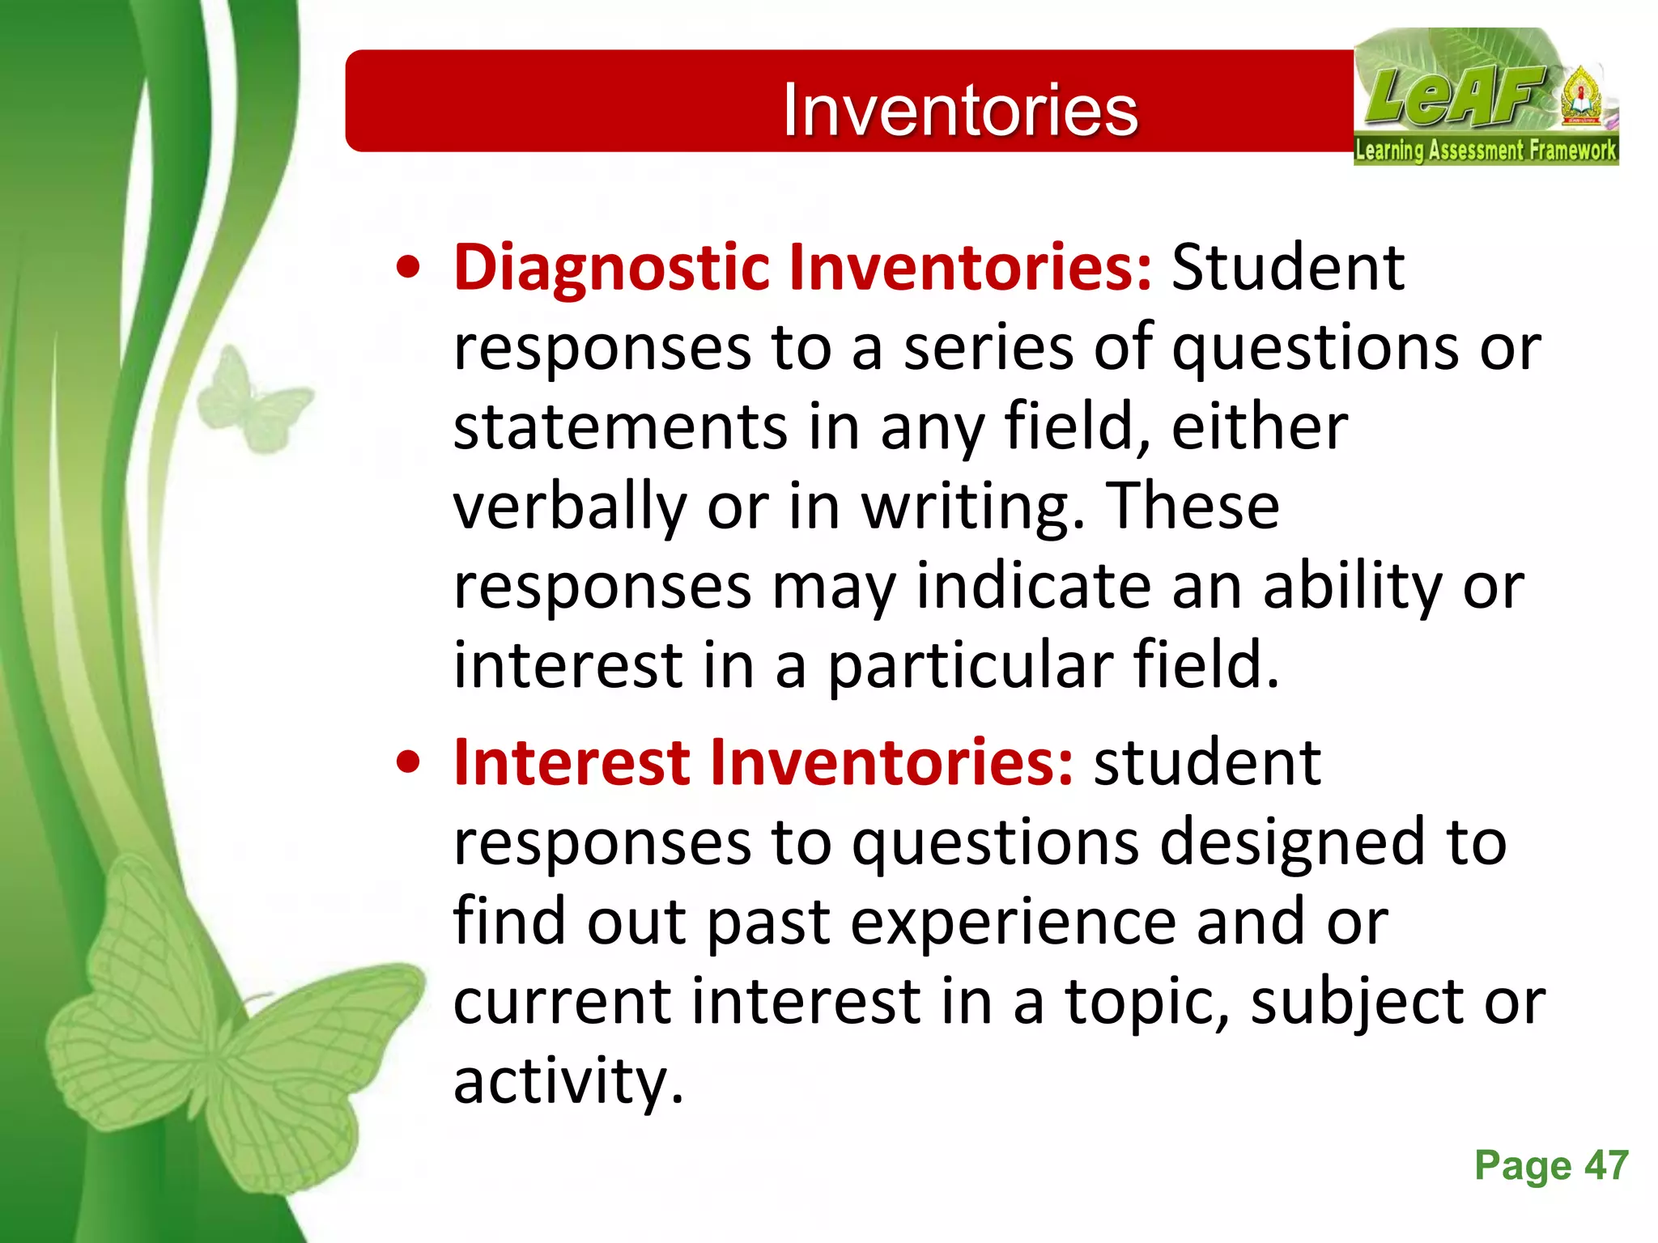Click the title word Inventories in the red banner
tap(960, 110)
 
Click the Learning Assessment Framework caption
tap(1486, 151)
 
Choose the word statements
tap(620, 426)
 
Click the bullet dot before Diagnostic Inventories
tap(409, 269)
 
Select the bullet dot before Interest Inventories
tap(409, 763)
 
